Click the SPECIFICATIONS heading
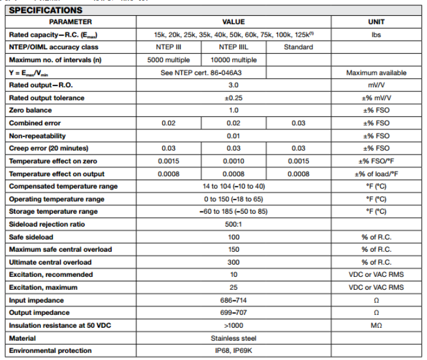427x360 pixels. point(46,10)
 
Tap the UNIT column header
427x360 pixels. point(376,22)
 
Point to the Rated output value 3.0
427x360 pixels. point(233,85)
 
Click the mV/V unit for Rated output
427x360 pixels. point(376,85)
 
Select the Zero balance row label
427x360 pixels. point(30,110)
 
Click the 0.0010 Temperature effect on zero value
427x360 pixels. point(233,161)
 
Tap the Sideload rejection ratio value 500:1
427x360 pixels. point(233,224)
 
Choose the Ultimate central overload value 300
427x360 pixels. point(233,262)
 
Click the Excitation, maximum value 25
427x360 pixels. point(233,287)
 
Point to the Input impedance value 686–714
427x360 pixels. point(233,300)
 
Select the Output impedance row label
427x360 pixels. point(39,313)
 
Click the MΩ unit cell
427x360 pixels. point(376,325)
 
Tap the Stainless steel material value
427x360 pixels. point(233,338)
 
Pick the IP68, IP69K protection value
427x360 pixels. point(233,351)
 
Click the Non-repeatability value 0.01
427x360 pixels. point(233,136)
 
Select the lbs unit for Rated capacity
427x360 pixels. point(376,35)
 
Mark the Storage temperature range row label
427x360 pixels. point(53,211)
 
